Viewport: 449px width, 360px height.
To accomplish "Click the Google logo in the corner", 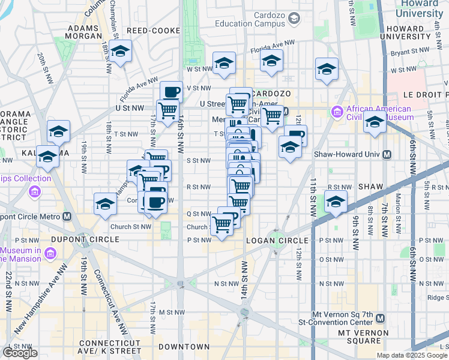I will pos(20,353).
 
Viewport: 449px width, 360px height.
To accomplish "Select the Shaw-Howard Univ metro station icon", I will pos(387,155).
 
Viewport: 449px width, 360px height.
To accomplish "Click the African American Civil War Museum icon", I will pos(336,112).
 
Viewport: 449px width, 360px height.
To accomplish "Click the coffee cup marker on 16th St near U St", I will pos(172,92).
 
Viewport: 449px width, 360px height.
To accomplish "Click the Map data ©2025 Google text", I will pos(412,355).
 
